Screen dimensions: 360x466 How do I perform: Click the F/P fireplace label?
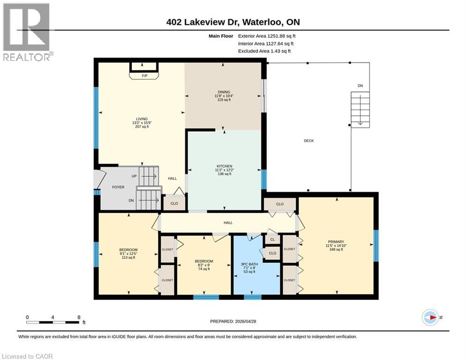click(x=145, y=76)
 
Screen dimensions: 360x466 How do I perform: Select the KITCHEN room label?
click(x=224, y=166)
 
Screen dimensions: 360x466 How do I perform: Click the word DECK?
click(x=308, y=141)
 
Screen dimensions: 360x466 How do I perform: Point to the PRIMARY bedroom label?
click(x=336, y=242)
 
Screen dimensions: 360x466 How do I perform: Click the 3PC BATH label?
click(x=248, y=264)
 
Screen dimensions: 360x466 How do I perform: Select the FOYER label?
click(x=118, y=187)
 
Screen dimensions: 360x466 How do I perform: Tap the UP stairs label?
click(x=134, y=177)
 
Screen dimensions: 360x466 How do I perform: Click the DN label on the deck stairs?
click(x=360, y=86)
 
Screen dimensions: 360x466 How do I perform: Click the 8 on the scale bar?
click(x=78, y=317)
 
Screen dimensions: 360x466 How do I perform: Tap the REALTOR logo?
click(x=26, y=32)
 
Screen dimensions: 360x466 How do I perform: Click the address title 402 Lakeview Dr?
click(x=233, y=22)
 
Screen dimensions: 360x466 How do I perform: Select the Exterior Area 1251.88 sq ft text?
click(x=267, y=36)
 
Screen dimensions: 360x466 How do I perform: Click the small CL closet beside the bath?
click(x=272, y=240)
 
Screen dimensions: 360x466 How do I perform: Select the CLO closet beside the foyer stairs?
click(x=174, y=204)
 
